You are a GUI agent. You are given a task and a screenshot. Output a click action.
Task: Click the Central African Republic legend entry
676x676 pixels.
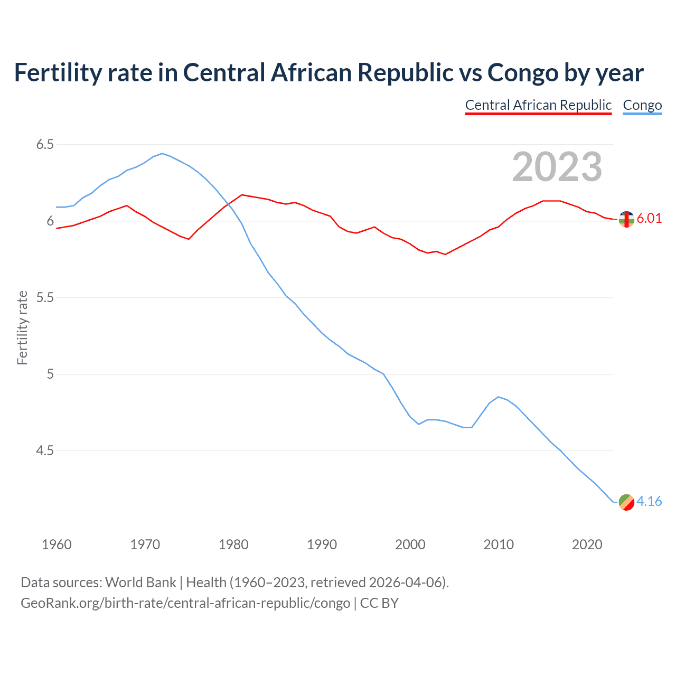coord(538,105)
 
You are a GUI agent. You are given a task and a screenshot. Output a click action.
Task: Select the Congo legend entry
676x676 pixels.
coord(642,105)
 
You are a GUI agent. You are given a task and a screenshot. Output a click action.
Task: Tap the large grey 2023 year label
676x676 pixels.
coord(557,167)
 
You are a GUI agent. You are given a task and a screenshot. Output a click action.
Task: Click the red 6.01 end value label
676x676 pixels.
coord(649,219)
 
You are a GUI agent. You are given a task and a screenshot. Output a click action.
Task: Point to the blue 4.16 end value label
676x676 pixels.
coord(649,501)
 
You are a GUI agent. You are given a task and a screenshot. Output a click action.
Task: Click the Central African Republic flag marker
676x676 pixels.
coord(626,219)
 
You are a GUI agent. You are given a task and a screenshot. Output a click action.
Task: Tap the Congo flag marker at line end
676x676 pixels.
coord(626,502)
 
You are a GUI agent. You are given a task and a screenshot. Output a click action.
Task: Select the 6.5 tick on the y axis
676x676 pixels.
coord(45,145)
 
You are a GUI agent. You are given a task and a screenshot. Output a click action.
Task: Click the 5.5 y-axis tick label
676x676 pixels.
coord(45,298)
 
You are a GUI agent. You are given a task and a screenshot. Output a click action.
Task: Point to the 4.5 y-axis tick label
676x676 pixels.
coord(45,451)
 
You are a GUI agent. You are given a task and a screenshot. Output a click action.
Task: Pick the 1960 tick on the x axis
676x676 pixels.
coord(57,544)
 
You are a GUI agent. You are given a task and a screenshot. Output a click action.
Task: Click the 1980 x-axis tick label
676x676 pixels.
coord(233,544)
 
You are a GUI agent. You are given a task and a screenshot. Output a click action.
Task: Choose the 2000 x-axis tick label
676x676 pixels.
coord(410,544)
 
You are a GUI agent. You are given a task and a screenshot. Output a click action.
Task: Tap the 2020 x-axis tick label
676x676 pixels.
coord(587,544)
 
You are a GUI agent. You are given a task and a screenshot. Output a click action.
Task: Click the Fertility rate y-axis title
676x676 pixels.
coord(22,327)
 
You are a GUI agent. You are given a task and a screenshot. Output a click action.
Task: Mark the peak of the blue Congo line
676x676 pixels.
coord(162,154)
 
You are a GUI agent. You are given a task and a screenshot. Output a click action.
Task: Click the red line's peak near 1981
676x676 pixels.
coord(242,195)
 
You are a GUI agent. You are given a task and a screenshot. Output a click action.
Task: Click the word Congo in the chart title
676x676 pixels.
coord(523,73)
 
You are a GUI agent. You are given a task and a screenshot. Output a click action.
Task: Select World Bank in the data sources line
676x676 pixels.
coord(140,583)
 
